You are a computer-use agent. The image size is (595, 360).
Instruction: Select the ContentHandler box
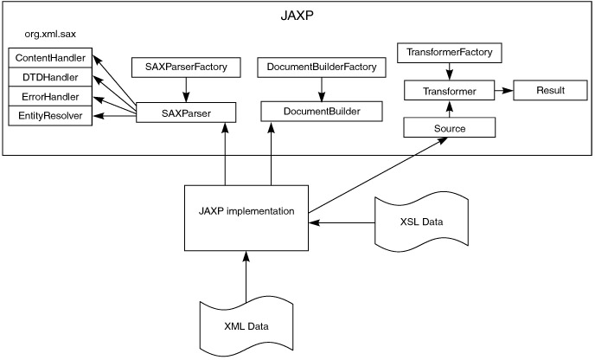pyautogui.click(x=48, y=59)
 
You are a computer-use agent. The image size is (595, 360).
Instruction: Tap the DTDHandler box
pyautogui.click(x=48, y=78)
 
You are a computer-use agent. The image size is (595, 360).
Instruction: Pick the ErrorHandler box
pyautogui.click(x=48, y=97)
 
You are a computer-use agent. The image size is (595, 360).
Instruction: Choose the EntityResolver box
pyautogui.click(x=48, y=116)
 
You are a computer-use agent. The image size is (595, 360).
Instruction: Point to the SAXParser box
pyautogui.click(x=186, y=112)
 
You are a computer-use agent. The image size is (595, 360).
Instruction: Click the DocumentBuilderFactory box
pyautogui.click(x=323, y=67)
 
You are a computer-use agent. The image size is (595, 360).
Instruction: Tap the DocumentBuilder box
pyautogui.click(x=323, y=112)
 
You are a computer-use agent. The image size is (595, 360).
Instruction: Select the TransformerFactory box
pyautogui.click(x=450, y=54)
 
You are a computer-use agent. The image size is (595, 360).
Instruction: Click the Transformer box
pyautogui.click(x=449, y=90)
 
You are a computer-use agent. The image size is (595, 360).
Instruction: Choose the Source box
pyautogui.click(x=449, y=128)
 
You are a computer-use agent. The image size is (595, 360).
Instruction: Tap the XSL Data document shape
pyautogui.click(x=421, y=222)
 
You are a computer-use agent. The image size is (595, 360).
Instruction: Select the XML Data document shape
pyautogui.click(x=246, y=325)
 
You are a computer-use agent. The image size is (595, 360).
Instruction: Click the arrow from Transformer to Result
pyautogui.click(x=503, y=90)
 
